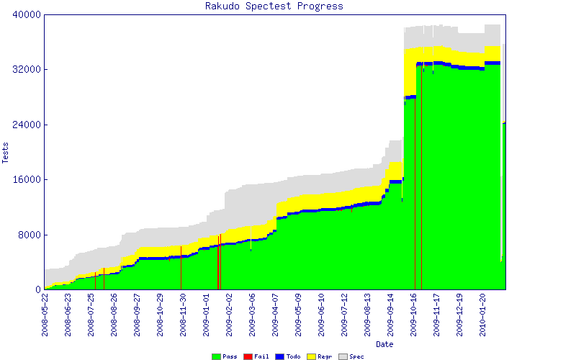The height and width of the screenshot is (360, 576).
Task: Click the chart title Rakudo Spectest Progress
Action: coord(274,6)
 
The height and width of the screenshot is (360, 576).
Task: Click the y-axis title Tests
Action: coord(6,153)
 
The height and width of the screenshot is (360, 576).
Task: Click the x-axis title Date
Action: coord(385,344)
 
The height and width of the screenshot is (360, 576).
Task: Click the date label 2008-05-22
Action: coord(45,315)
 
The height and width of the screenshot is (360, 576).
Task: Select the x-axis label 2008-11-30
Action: coord(184,315)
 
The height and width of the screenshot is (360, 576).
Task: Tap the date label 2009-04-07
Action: coord(276,315)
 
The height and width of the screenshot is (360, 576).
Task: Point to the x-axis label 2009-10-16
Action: coord(414,315)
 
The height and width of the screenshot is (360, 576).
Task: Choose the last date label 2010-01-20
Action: coord(483,315)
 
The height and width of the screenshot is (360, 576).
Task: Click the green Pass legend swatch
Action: coord(216,356)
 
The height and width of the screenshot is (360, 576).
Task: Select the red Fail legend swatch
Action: coord(248,356)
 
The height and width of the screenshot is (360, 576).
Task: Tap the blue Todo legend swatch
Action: coord(279,356)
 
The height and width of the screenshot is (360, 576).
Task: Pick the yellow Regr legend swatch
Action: coord(311,356)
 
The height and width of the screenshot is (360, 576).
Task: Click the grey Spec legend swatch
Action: coord(343,356)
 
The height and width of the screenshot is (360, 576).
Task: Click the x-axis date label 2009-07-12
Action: coord(345,315)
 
